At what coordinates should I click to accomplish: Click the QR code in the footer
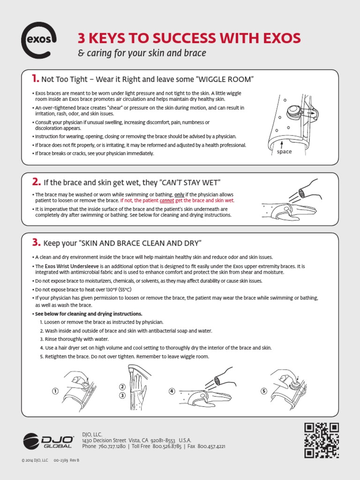click(x=322, y=440)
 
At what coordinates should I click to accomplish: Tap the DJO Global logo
click(x=49, y=442)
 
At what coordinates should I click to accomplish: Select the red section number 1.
click(x=35, y=78)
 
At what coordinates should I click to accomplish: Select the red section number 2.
click(x=36, y=181)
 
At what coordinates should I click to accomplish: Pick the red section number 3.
click(x=37, y=242)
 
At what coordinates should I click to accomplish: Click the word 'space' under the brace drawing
click(x=284, y=151)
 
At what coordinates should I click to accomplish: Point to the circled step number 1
click(x=55, y=391)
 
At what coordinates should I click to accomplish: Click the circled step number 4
click(x=172, y=391)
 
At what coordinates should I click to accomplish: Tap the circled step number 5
click(x=264, y=391)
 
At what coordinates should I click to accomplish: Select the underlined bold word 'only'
click(x=180, y=194)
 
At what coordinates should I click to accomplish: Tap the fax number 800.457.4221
click(x=210, y=447)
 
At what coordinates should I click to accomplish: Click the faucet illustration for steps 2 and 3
click(x=137, y=375)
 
